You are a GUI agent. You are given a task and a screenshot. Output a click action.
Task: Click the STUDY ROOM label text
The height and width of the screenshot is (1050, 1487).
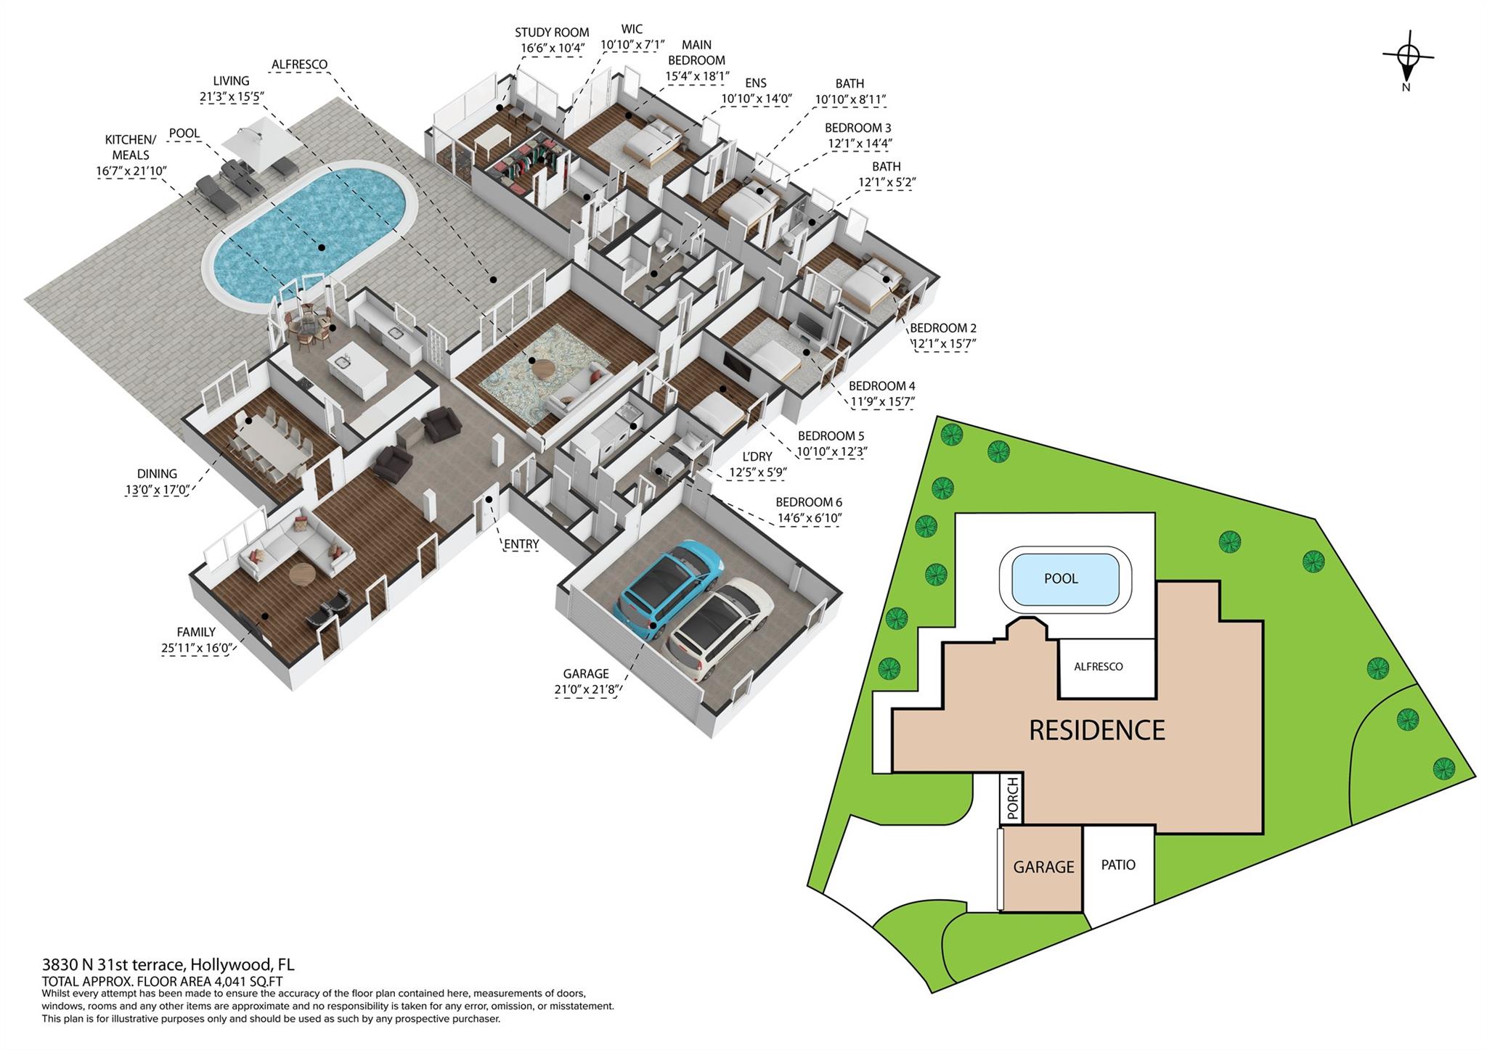coord(551,33)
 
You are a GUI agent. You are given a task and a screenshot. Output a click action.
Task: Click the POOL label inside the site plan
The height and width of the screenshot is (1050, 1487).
coord(1061,578)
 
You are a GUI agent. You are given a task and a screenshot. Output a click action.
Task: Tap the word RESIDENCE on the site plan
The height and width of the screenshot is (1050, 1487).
coord(1096,730)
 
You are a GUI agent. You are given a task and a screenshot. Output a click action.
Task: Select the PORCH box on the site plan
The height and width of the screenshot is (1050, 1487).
coord(1011,798)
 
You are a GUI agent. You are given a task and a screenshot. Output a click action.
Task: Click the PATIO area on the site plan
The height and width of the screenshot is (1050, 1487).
coord(1117,865)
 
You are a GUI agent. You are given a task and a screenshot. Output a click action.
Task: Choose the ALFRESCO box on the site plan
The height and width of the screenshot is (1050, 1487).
coord(1098,667)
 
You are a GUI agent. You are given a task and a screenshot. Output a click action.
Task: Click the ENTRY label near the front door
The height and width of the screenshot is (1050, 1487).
coord(521,544)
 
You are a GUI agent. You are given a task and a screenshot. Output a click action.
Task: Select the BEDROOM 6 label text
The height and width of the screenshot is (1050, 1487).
coord(808,502)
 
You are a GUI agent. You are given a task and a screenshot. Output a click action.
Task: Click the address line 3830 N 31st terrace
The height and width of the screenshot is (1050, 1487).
coord(168,965)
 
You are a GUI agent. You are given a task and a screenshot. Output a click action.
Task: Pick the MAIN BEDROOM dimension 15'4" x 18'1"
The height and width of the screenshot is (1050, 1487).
coord(696,76)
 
